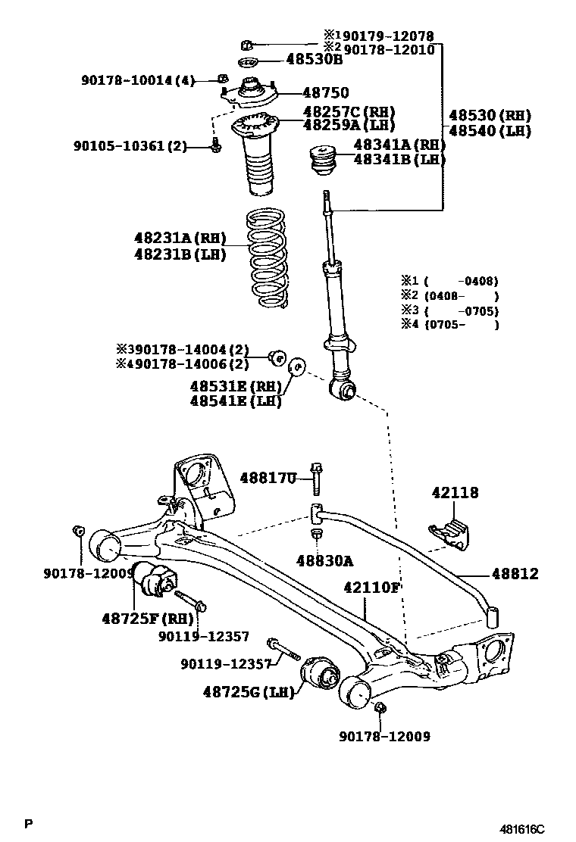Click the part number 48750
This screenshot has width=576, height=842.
[x=326, y=93]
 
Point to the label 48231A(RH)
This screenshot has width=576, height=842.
[x=180, y=238]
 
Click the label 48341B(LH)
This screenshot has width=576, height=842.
[x=399, y=160]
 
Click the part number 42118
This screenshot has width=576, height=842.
[x=455, y=493]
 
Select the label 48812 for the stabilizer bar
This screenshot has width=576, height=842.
[x=515, y=574]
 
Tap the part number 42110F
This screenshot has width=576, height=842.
[x=371, y=587]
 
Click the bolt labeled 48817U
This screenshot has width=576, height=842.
[x=316, y=479]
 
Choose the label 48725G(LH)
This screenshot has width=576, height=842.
[x=248, y=691]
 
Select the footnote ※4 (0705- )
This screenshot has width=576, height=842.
[x=449, y=325]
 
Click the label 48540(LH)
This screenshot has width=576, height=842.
[x=489, y=131]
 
